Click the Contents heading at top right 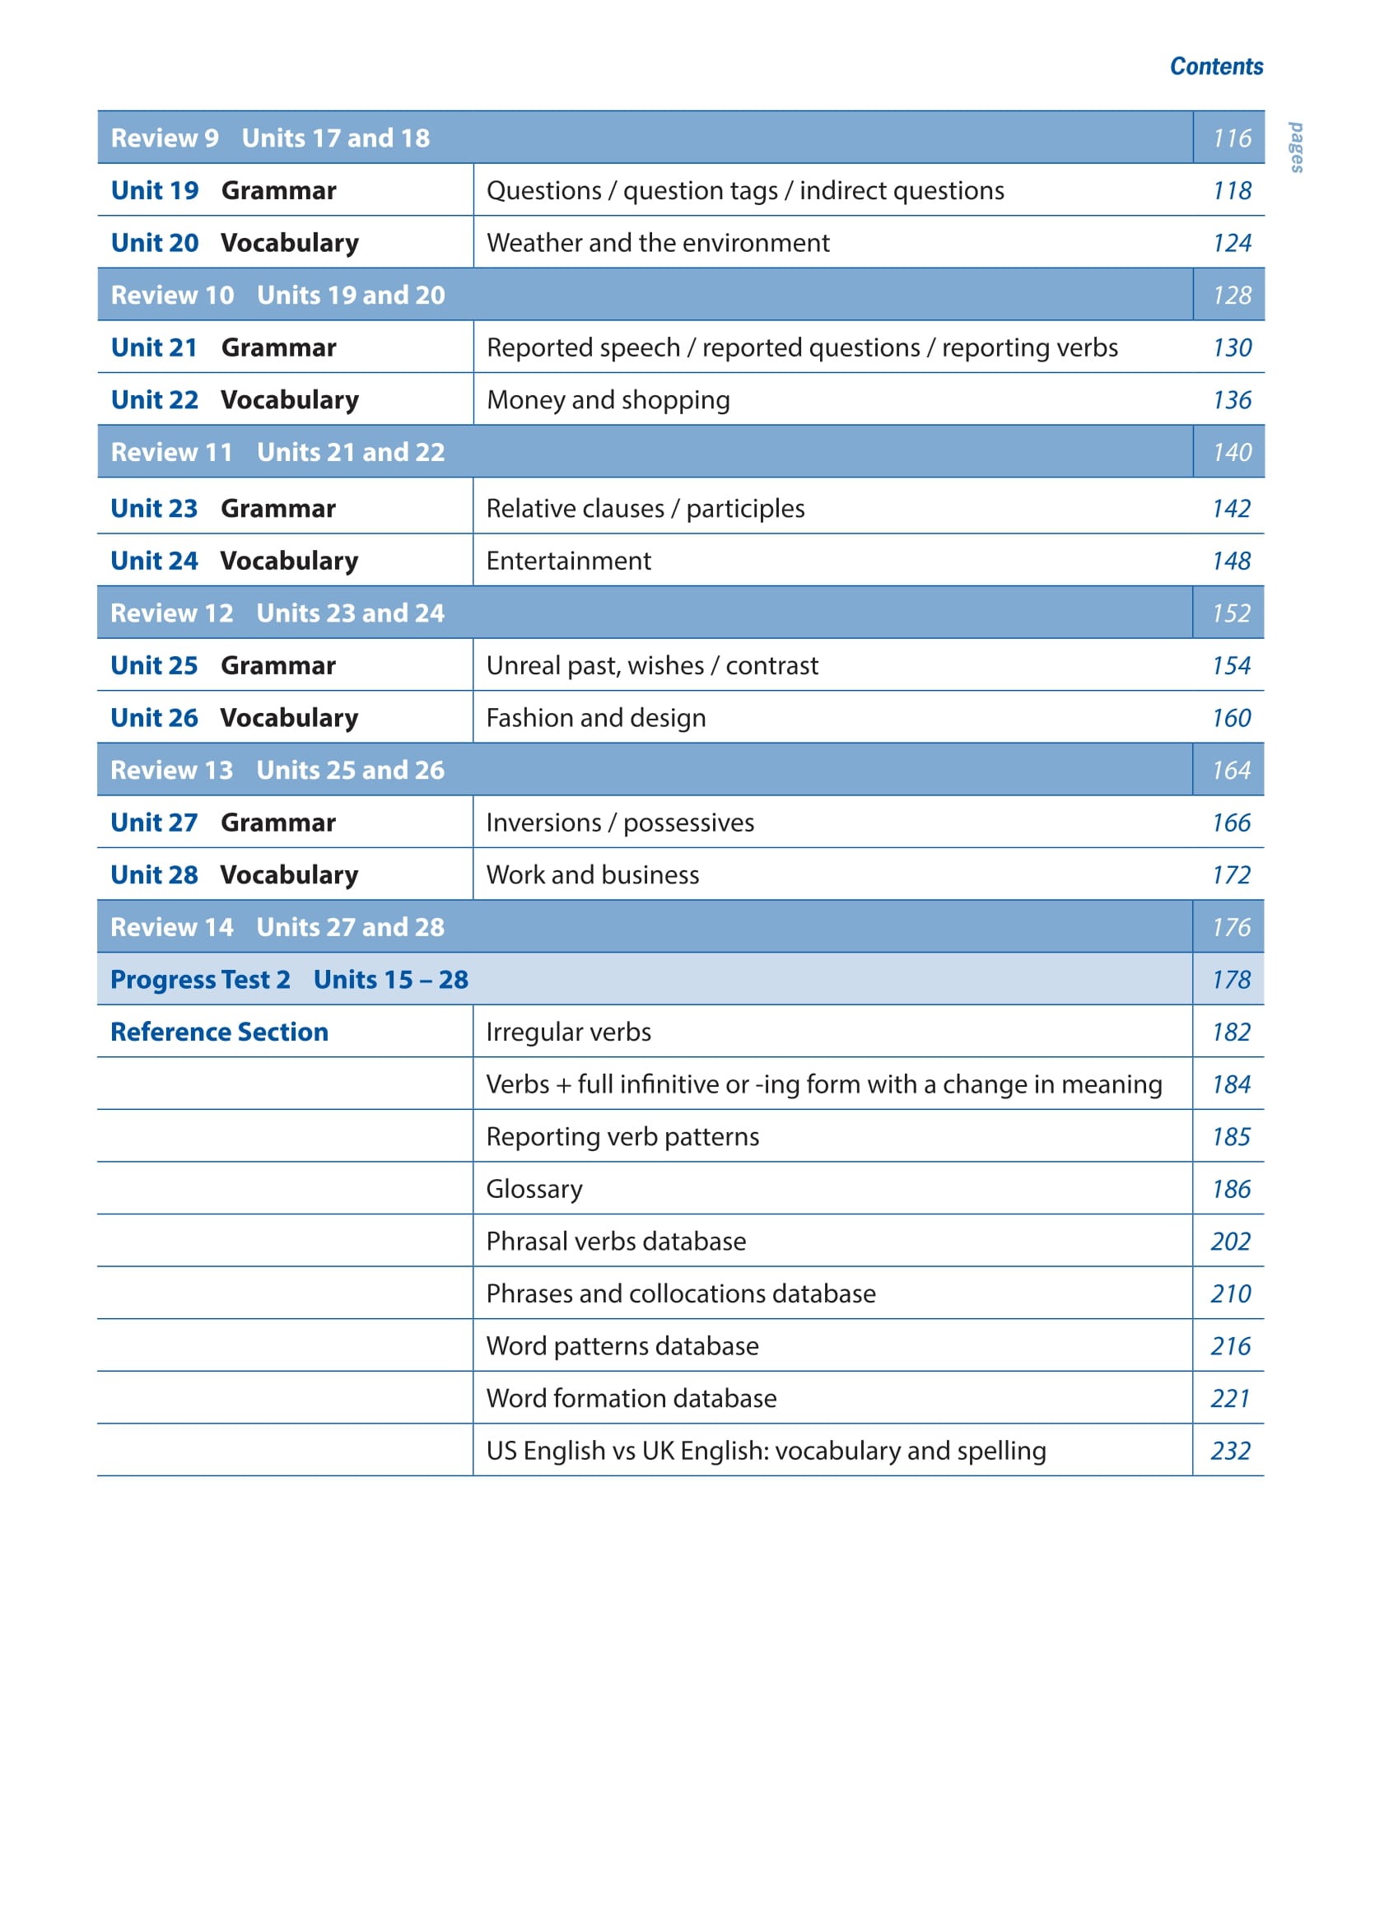(x=1215, y=67)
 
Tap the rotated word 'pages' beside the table (x=1297, y=147)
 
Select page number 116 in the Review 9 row (x=1231, y=137)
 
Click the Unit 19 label (x=155, y=191)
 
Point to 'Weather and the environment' (x=657, y=243)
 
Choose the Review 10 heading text (x=172, y=295)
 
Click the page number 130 (x=1231, y=348)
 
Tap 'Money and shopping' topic (x=608, y=400)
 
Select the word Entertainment (x=568, y=561)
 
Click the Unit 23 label (x=154, y=509)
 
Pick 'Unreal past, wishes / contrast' (x=651, y=665)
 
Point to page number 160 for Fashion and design (x=1230, y=718)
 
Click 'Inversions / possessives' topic (x=619, y=823)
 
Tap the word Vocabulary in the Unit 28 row (x=289, y=875)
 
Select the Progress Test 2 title (x=200, y=980)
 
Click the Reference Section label (x=219, y=1032)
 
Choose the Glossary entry (x=534, y=1189)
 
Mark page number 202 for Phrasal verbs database (x=1229, y=1242)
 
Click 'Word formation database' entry (x=631, y=1398)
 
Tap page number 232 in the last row (x=1229, y=1451)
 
